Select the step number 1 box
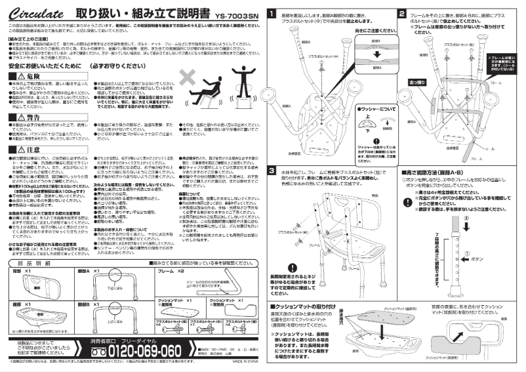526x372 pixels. pyautogui.click(x=273, y=13)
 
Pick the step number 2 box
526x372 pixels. pyautogui.click(x=401, y=13)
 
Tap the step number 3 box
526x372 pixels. pyautogui.click(x=273, y=171)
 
